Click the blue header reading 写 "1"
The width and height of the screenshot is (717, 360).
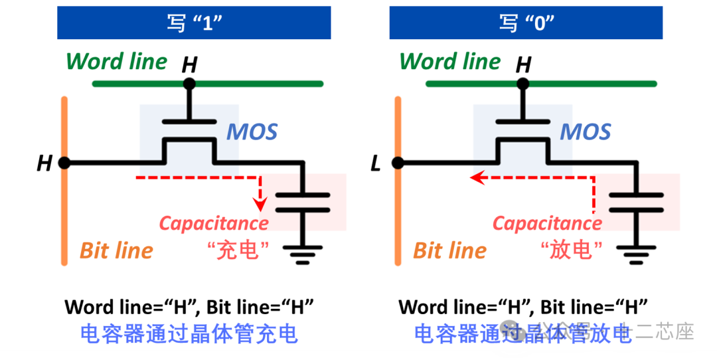(x=194, y=23)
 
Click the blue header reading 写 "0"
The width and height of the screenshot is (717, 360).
(x=526, y=23)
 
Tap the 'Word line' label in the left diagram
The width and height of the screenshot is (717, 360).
(x=117, y=62)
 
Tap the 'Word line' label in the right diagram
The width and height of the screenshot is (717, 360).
(x=450, y=62)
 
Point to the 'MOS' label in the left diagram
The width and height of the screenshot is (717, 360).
(x=252, y=132)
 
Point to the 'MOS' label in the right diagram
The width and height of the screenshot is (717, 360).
(x=585, y=132)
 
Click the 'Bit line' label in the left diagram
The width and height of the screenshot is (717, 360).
(x=116, y=250)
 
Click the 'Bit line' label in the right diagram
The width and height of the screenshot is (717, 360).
(x=449, y=250)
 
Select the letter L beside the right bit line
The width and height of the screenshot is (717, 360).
(x=376, y=163)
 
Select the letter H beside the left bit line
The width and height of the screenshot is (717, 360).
(x=44, y=163)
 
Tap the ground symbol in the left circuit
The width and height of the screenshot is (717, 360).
(x=303, y=254)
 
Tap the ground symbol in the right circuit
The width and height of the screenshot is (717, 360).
(x=636, y=254)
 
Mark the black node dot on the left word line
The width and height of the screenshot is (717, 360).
(x=189, y=84)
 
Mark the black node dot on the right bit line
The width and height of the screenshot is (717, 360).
(x=398, y=163)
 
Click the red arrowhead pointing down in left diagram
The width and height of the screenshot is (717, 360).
(x=261, y=202)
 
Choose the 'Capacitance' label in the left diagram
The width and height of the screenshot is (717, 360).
(x=214, y=223)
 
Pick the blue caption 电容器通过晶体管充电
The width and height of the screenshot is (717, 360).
(x=189, y=333)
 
